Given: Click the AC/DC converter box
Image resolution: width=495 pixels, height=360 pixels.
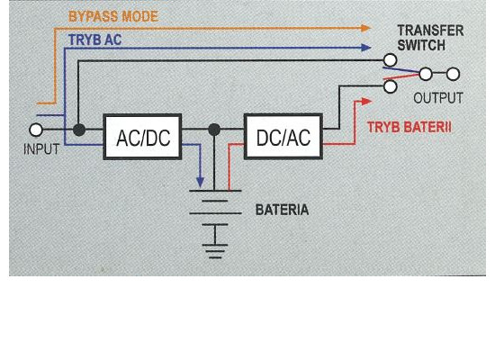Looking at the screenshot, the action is [142, 137].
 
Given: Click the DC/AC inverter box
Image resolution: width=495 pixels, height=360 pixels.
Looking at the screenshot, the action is [283, 137].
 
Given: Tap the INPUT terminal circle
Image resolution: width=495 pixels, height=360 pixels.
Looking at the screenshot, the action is [36, 130].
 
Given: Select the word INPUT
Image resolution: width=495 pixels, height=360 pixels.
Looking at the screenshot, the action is [41, 149].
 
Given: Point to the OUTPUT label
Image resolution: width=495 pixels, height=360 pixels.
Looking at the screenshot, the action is [438, 98].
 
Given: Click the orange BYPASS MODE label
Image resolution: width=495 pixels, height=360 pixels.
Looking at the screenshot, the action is [113, 17].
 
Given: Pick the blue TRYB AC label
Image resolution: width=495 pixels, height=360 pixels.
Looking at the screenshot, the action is [94, 40].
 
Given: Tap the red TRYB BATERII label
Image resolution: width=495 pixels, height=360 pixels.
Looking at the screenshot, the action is [409, 127].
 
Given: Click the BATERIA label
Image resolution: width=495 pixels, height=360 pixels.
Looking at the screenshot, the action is [282, 210].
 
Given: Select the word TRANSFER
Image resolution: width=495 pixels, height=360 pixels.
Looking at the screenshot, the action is [430, 31].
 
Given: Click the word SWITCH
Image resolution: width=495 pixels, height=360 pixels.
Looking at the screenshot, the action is [421, 45].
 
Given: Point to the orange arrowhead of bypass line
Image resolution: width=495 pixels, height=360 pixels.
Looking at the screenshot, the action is [365, 28].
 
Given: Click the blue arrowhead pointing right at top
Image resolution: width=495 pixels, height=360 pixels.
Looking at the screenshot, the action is [366, 48].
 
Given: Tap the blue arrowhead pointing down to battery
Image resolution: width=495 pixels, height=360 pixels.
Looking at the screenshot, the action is [200, 182].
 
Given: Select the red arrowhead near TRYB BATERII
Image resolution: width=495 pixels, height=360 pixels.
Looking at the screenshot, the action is [366, 102].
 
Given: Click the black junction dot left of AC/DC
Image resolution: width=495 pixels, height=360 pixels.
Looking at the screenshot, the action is [79, 130].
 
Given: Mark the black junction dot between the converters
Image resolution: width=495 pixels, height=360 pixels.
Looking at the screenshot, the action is [214, 130].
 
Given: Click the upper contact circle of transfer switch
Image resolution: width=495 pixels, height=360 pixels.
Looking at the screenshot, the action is [391, 59].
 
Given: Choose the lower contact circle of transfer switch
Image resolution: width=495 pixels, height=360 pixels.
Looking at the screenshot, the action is [391, 86].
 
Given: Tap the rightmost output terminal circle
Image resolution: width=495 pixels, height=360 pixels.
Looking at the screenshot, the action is [453, 74].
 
